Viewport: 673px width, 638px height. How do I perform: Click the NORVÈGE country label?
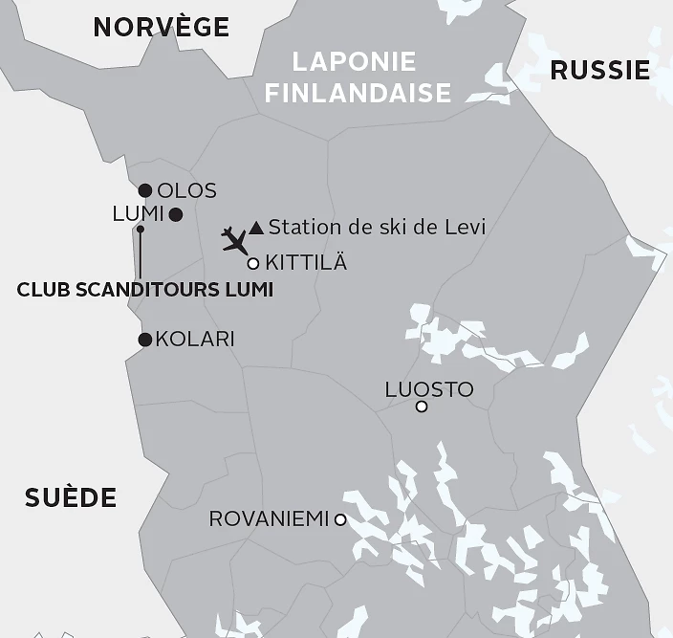(x=162, y=27)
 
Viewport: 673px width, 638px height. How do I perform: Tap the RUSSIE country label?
(x=600, y=69)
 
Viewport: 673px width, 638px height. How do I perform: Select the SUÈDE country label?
(x=71, y=497)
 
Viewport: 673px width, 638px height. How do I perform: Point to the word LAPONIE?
(x=355, y=62)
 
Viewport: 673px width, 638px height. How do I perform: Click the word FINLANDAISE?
(x=358, y=93)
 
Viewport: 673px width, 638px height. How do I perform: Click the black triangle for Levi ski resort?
(x=256, y=228)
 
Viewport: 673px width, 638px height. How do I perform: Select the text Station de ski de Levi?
(x=377, y=227)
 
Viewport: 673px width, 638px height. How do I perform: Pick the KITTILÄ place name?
(x=306, y=262)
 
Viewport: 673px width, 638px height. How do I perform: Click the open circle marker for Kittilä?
(x=253, y=263)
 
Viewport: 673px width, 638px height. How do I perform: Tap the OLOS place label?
(x=186, y=190)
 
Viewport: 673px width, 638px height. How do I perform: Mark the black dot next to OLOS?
(x=145, y=190)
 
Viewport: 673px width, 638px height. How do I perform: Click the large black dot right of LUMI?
(x=176, y=214)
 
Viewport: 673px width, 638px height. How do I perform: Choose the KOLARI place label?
(x=195, y=339)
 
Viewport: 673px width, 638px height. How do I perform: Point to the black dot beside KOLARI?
(x=145, y=340)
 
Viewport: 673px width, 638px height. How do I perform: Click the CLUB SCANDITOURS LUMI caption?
(x=145, y=289)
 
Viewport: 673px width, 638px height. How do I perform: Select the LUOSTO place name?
(x=428, y=389)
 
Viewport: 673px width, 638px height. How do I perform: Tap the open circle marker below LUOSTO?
(x=422, y=407)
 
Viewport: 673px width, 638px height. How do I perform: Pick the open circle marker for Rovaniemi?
(x=340, y=519)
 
